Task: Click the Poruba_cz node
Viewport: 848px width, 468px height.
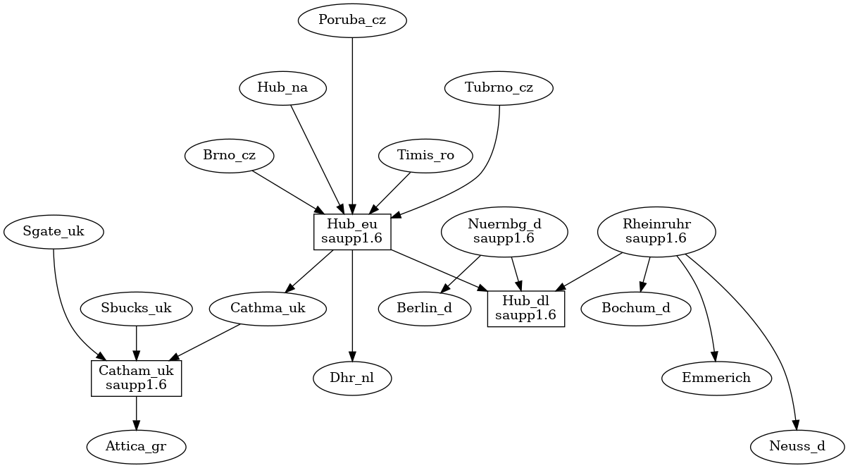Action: click(x=352, y=20)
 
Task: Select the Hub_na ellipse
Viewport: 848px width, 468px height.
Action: click(x=283, y=88)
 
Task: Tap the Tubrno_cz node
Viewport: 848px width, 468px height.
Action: click(x=499, y=88)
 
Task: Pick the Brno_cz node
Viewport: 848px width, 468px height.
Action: click(x=230, y=156)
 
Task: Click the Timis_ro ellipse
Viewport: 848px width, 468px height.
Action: click(x=426, y=156)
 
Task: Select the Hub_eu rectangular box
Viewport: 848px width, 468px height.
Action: click(x=351, y=231)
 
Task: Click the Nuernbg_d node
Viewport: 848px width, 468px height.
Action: click(x=504, y=231)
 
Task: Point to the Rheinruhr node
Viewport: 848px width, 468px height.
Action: click(x=656, y=231)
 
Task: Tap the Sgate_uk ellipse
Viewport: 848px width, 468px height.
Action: click(x=54, y=231)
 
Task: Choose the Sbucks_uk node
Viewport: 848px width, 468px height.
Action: click(x=137, y=308)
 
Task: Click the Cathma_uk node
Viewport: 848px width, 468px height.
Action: click(x=268, y=308)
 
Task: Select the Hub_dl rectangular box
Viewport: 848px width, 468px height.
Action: click(x=526, y=308)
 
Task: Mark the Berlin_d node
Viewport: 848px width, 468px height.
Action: click(x=425, y=308)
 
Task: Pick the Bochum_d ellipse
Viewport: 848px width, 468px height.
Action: click(x=636, y=308)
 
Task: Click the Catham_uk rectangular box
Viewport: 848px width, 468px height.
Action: click(x=137, y=378)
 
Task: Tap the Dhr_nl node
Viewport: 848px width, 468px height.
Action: click(x=351, y=378)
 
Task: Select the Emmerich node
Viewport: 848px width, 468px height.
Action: click(x=716, y=378)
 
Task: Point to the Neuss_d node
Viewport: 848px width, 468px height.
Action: click(x=797, y=446)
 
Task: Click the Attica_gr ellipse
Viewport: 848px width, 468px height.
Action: click(x=137, y=446)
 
